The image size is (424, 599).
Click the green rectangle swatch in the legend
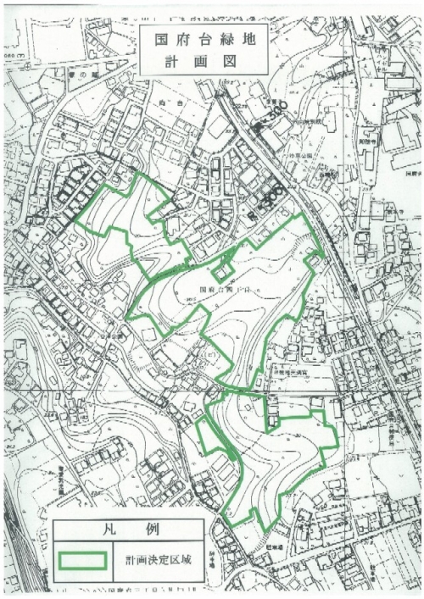tap(82, 561)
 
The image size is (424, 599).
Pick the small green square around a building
tap(223, 272)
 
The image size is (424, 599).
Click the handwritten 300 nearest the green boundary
tap(271, 197)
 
